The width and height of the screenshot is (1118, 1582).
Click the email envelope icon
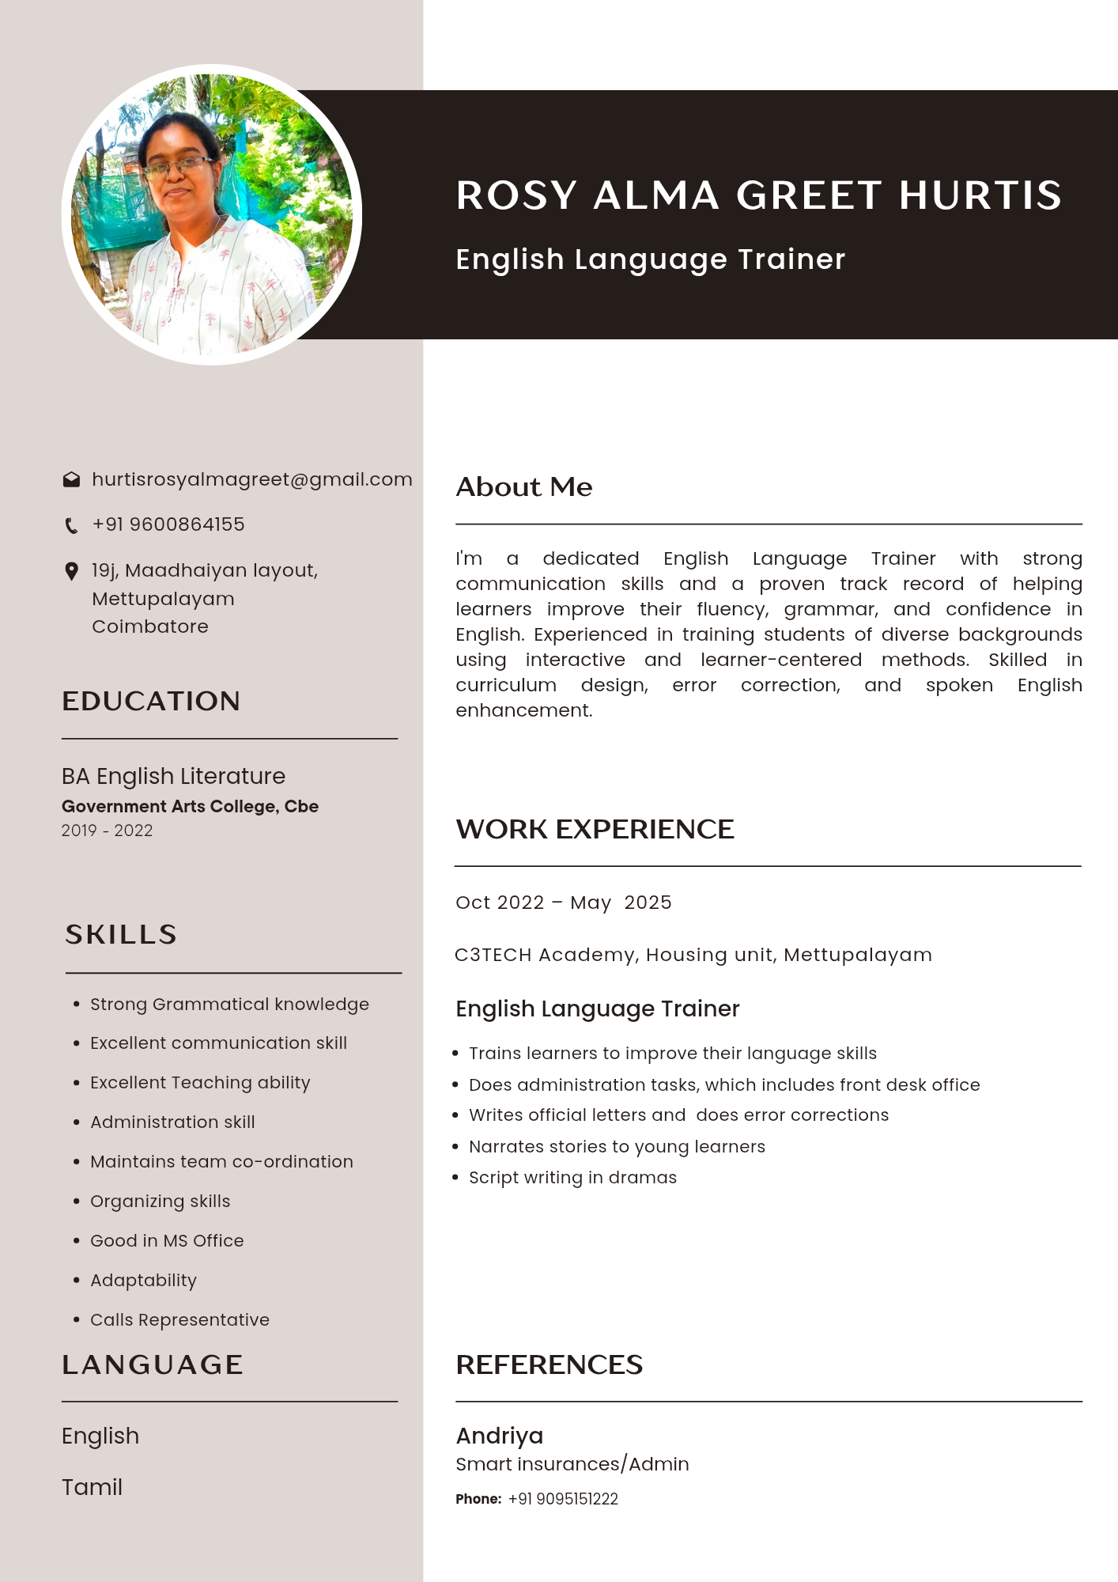71,479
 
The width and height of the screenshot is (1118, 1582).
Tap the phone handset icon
71,525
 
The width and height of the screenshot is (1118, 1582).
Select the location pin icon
71,571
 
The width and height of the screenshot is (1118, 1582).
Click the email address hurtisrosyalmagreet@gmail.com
251,479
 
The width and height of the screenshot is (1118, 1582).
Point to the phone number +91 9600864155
168,524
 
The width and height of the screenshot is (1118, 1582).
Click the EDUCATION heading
151,701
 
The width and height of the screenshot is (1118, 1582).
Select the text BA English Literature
173,776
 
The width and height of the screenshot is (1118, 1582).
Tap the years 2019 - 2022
107,831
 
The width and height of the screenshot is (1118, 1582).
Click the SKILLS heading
121,934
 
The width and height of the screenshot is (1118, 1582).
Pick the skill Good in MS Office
167,1240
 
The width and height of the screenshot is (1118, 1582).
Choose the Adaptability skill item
143,1280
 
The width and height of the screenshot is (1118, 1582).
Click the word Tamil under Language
92,1487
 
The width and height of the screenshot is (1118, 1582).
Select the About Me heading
523,487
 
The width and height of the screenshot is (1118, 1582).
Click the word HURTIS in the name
980,195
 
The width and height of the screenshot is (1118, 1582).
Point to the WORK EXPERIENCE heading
595,829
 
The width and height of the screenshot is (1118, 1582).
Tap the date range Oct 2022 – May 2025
563,903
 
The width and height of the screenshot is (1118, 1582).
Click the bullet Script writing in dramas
572,1178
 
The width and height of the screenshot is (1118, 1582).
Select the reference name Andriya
499,1436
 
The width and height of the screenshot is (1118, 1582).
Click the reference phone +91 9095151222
563,1499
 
